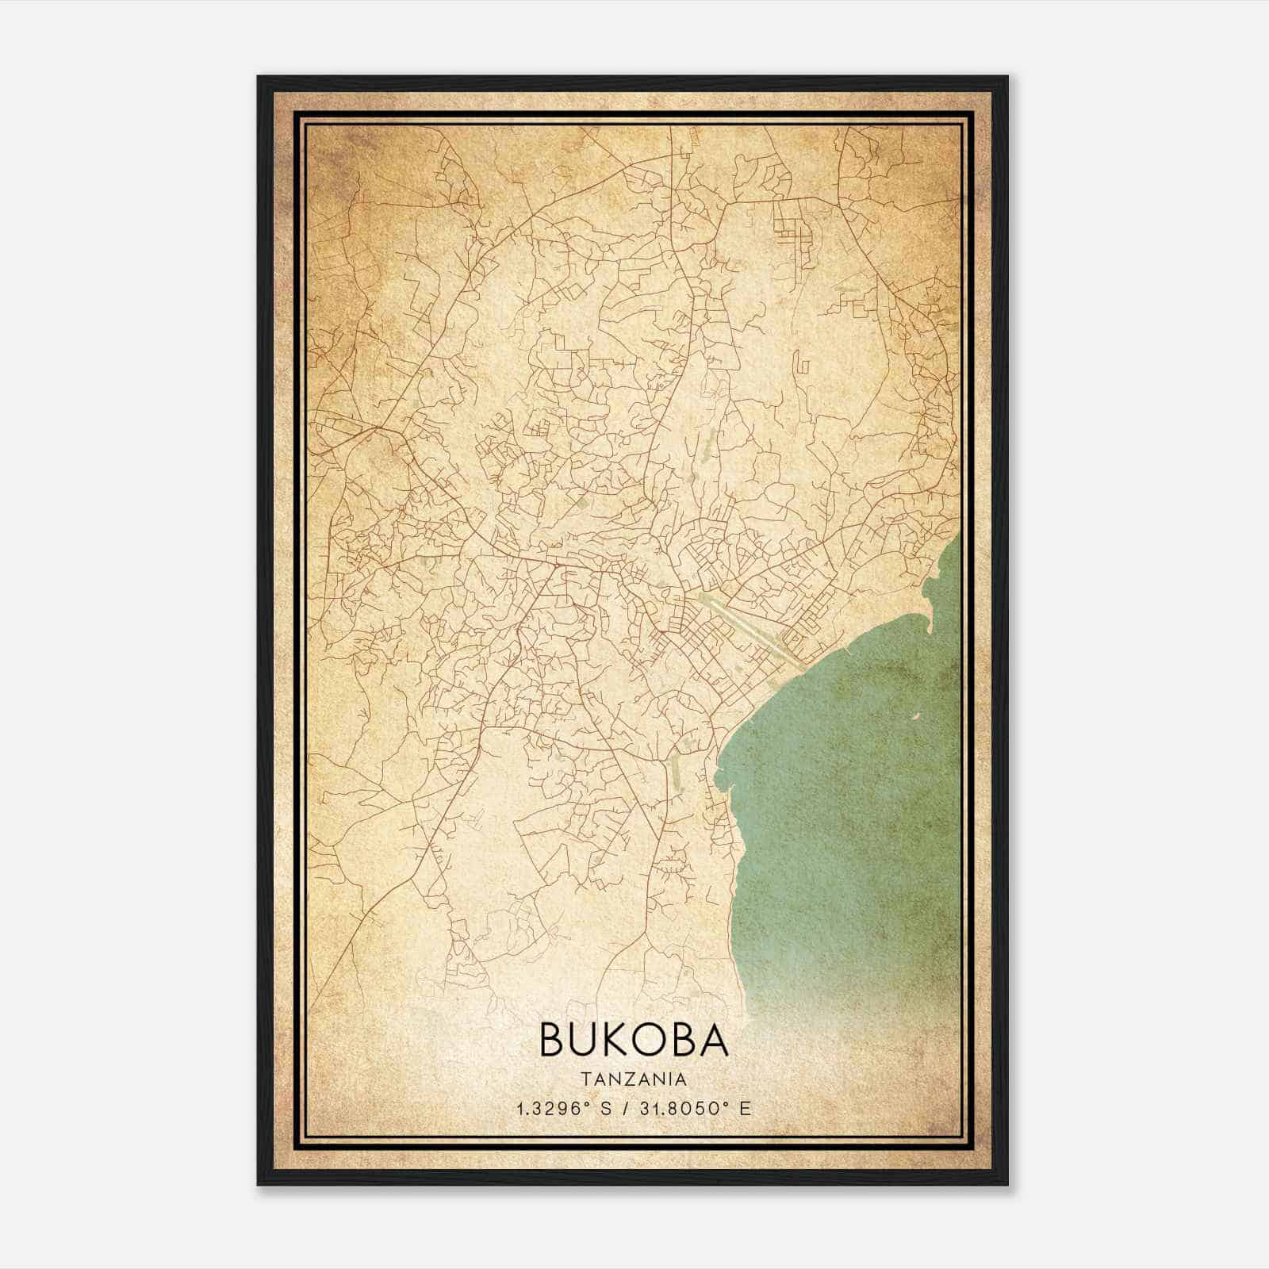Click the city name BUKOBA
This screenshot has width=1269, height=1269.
[x=634, y=1040]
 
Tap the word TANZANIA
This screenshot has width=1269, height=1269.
[x=634, y=1079]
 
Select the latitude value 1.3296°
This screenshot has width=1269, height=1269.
[x=554, y=1109]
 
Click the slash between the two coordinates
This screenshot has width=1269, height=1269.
[x=627, y=1109]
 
